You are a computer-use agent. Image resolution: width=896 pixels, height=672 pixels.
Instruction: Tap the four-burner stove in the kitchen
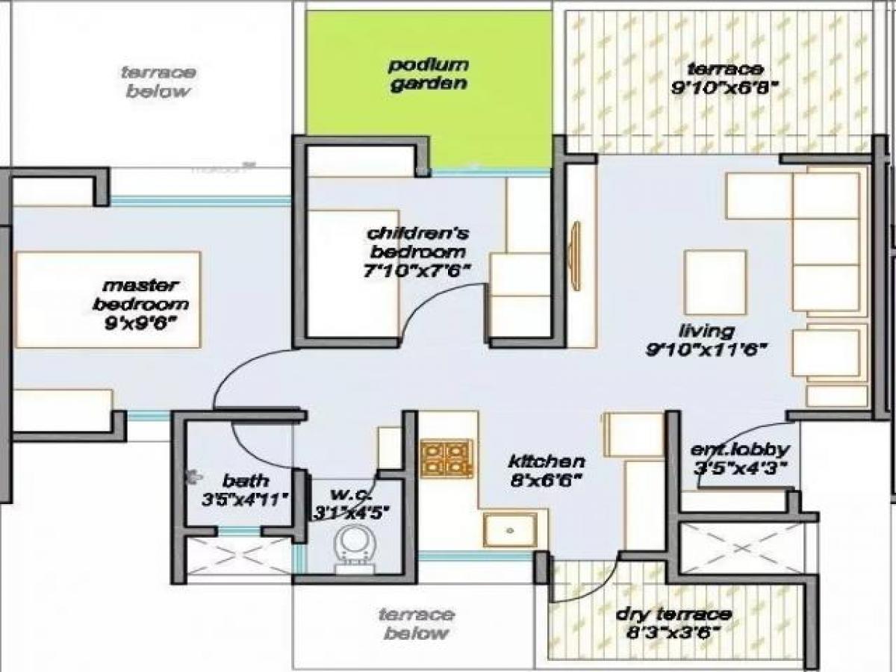pos(446,458)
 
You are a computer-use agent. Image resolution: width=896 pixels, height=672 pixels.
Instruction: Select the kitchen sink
pos(509,529)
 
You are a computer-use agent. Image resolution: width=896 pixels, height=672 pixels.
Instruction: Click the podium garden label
pos(429,74)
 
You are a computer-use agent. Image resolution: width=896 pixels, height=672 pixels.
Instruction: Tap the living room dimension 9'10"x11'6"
pos(707,349)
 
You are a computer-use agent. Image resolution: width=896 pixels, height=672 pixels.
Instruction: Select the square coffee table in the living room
pos(715,281)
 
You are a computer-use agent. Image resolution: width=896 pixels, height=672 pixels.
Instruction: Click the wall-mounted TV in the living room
pos(574,255)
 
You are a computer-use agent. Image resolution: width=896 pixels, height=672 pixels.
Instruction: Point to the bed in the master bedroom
pos(108,299)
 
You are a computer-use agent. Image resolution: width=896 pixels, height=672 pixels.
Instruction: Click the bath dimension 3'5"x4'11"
pos(245,500)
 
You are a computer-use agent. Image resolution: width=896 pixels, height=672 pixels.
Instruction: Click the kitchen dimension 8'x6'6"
pos(546,480)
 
